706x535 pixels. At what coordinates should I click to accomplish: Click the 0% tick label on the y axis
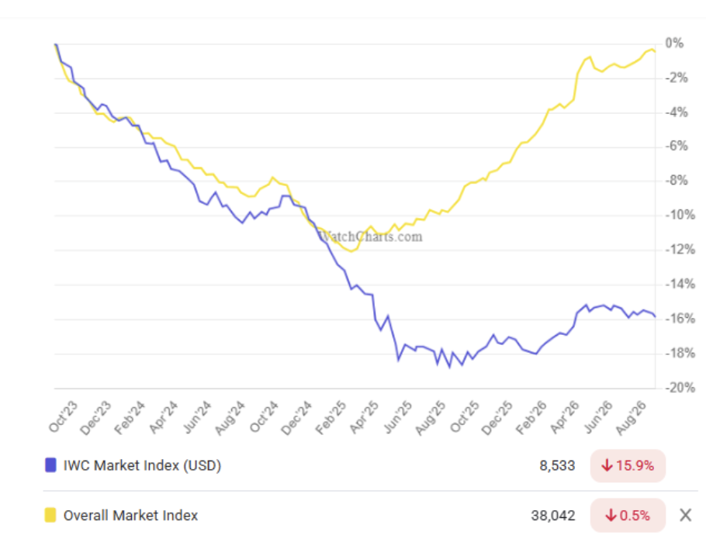tap(674, 43)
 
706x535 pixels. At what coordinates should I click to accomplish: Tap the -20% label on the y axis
tap(680, 388)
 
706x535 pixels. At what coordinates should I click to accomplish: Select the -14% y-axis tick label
tap(680, 284)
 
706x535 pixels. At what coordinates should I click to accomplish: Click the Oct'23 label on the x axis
tap(64, 416)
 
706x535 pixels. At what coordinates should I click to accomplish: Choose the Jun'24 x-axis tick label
tap(197, 417)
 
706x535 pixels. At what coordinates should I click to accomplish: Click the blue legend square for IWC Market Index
tap(50, 464)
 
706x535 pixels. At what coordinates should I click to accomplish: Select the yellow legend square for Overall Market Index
tap(50, 515)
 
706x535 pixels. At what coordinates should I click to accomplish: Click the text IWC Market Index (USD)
tap(142, 465)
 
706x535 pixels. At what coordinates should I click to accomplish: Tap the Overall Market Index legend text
tap(130, 515)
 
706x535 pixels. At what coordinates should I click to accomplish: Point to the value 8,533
tap(557, 466)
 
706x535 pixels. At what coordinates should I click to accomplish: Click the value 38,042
tap(553, 515)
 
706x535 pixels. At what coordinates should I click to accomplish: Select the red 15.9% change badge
tap(628, 466)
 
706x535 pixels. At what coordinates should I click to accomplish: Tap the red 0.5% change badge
tap(628, 515)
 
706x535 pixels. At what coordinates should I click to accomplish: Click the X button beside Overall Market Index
tap(685, 515)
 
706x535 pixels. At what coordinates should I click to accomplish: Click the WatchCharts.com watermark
tap(370, 236)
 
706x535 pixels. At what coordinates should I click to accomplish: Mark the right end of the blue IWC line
tap(655, 316)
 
